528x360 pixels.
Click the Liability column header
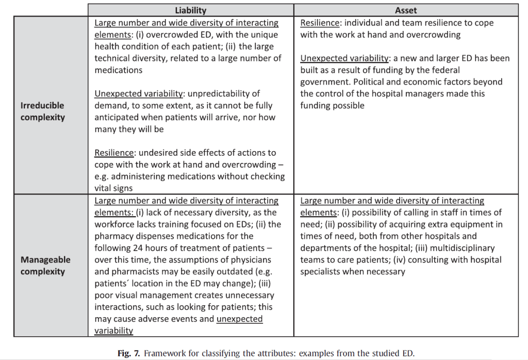pos(190,10)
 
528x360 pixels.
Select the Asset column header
pos(406,10)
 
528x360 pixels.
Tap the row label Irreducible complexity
pos(43,111)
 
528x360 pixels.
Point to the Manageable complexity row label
pos(46,266)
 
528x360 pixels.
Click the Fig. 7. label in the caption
pos(128,354)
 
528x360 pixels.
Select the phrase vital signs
pos(113,188)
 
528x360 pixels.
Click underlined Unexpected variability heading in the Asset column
pos(344,58)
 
